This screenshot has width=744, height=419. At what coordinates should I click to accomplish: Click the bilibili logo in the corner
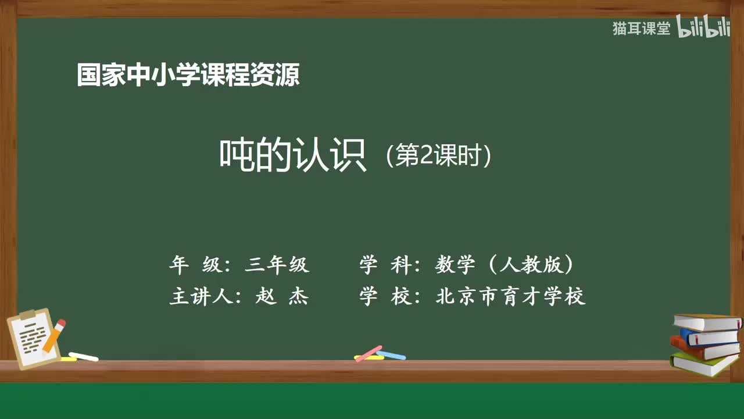(x=703, y=29)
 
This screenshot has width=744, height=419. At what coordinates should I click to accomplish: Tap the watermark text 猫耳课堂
(x=641, y=29)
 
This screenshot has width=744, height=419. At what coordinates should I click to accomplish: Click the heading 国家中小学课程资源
(x=188, y=75)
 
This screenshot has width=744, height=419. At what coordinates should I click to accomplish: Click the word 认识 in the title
(x=330, y=155)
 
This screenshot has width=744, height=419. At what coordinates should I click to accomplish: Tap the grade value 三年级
(x=277, y=265)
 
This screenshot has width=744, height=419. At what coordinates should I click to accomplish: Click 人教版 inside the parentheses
(x=530, y=265)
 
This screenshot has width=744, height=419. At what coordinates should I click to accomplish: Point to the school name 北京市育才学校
(x=510, y=297)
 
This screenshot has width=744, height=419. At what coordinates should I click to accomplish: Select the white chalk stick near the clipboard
(x=83, y=356)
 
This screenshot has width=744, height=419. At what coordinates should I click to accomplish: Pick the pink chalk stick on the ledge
(x=369, y=353)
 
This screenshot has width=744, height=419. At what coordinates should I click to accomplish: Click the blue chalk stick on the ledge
(x=391, y=355)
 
